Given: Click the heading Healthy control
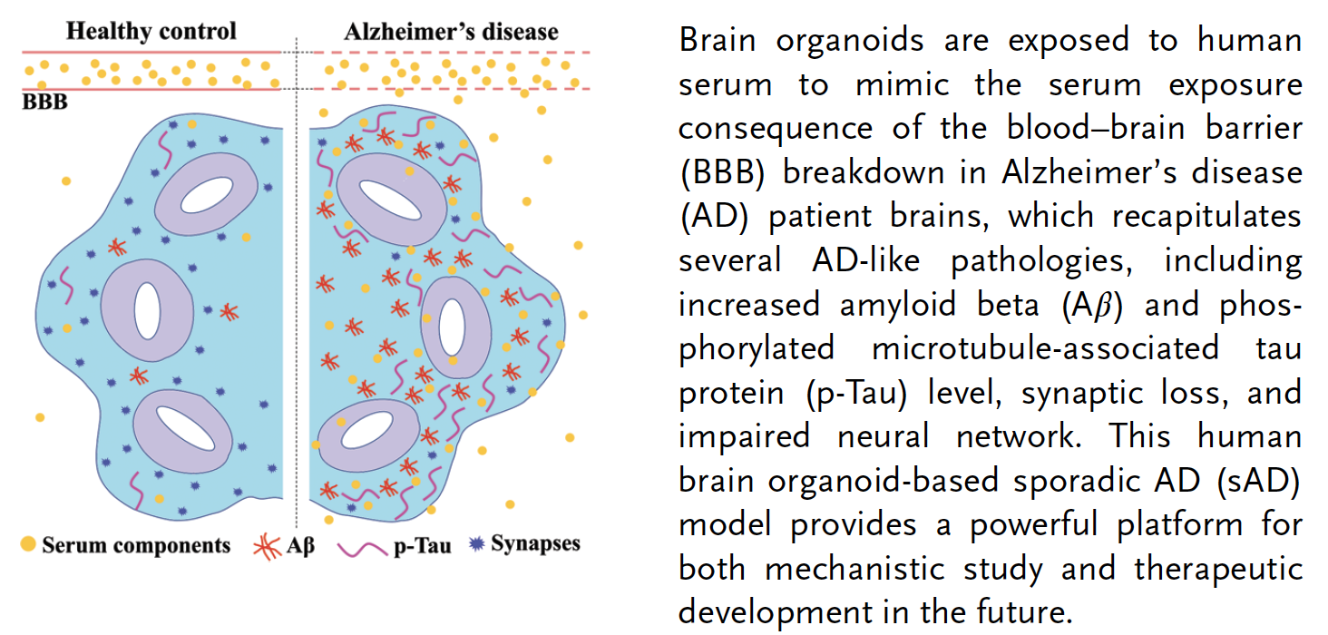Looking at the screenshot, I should [151, 31].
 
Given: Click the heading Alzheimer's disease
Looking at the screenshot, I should [451, 32].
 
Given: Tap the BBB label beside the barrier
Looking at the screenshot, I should [44, 102].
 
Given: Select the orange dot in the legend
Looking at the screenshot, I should [29, 544].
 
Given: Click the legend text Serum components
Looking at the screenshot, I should [136, 545].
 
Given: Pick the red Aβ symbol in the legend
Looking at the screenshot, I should [265, 546].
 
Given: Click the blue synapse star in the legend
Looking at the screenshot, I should [476, 544].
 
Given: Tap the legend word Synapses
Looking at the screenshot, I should [535, 544].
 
